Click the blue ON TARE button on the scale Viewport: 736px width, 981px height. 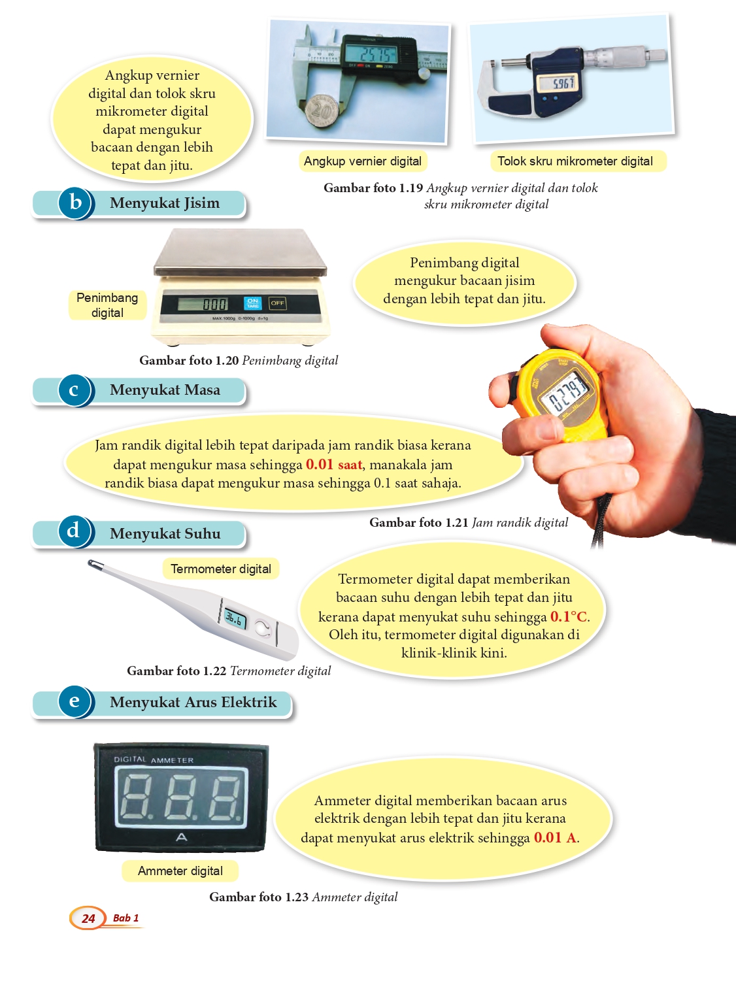click(x=252, y=303)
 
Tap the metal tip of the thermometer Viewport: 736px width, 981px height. click(x=94, y=564)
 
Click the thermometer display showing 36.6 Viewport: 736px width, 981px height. click(x=235, y=618)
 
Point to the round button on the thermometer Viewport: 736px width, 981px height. click(x=263, y=627)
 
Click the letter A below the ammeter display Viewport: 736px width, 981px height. click(x=182, y=837)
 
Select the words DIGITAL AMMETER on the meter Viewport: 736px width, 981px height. click(x=154, y=759)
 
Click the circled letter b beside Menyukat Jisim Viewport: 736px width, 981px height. click(x=76, y=203)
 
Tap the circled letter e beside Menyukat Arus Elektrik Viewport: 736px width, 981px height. click(x=75, y=702)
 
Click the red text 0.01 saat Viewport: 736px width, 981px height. click(x=334, y=464)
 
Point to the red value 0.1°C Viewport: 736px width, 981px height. click(x=569, y=617)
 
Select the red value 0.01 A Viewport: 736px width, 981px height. click(x=556, y=837)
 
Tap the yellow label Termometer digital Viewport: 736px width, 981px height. click(x=221, y=569)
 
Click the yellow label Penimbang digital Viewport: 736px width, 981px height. click(x=107, y=305)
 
